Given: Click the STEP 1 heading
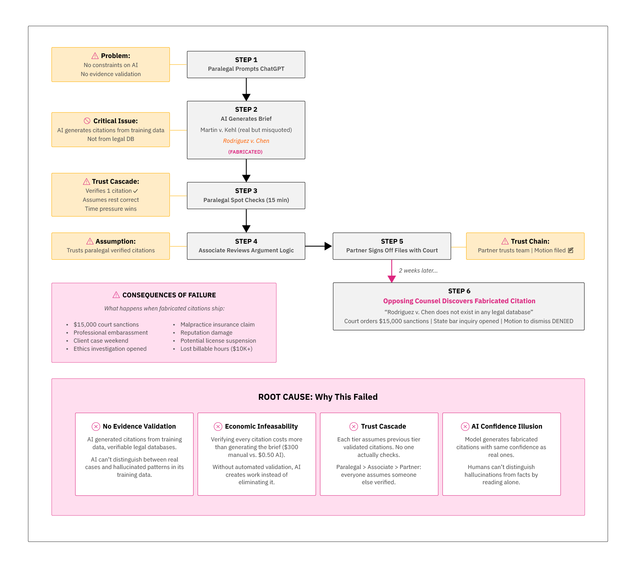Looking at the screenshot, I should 246,60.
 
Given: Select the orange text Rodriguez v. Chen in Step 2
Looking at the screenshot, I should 246,141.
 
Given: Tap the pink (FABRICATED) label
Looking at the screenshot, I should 245,152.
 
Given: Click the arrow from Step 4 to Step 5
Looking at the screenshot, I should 318,246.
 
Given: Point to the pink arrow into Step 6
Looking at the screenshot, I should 391,271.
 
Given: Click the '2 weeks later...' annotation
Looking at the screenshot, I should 418,270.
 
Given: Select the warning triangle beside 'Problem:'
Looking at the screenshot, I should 95,56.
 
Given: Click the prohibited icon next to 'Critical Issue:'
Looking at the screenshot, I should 87,121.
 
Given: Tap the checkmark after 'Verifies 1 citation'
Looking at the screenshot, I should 135,191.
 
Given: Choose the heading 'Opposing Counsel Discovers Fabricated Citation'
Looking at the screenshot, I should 459,301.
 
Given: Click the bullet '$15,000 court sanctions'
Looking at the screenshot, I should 106,324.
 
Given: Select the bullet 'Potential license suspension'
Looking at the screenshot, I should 218,340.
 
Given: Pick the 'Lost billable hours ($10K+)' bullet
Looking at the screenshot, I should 216,349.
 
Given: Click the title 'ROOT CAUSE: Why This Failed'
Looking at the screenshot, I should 317,397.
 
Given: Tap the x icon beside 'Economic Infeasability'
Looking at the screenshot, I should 218,426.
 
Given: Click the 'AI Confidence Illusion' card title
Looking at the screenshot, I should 507,426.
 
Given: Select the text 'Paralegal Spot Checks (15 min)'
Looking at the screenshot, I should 246,200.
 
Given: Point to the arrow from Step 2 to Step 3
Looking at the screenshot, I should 246,170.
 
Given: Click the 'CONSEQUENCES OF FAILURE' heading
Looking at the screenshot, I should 169,295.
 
